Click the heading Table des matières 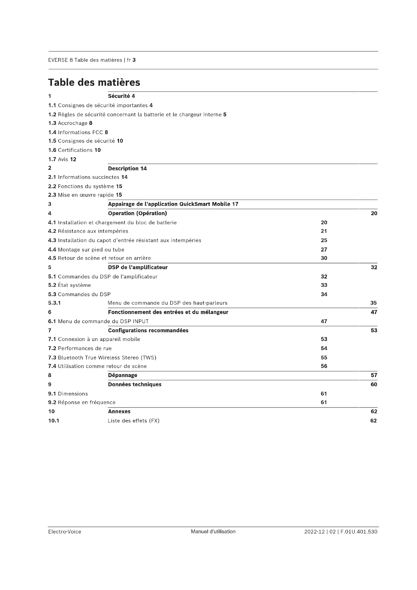click(94, 82)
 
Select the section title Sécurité click(119, 96)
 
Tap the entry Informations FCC click(80, 132)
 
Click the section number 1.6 click(52, 150)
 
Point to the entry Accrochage click(73, 123)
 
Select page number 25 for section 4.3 click(324, 240)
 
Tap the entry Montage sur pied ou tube click(91, 249)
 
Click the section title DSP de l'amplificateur click(138, 267)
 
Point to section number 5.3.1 click(54, 303)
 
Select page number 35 click(373, 303)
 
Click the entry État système click(74, 285)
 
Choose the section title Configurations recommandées click(148, 330)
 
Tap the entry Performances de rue click(85, 348)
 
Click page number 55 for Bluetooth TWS click(324, 357)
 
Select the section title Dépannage click(123, 375)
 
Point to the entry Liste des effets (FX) click(134, 421)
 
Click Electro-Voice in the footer click(65, 532)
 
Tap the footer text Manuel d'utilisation click(213, 531)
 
